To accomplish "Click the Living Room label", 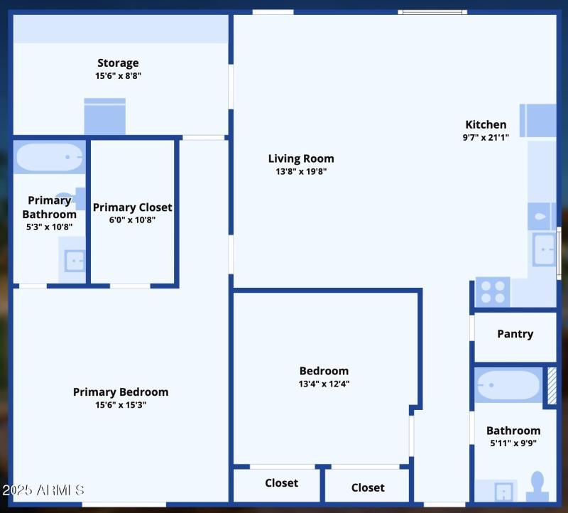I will pyautogui.click(x=301, y=158).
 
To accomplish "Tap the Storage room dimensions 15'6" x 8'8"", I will pyautogui.click(x=118, y=76).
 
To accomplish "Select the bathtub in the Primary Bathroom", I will pyautogui.click(x=50, y=157).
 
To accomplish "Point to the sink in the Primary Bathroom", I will pyautogui.click(x=74, y=261).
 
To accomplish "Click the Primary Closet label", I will pyautogui.click(x=132, y=207).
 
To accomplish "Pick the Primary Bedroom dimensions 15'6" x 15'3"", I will pyautogui.click(x=121, y=405).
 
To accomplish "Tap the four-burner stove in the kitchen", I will pyautogui.click(x=492, y=291).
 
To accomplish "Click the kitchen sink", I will pyautogui.click(x=544, y=249).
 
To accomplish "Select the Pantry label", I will pyautogui.click(x=515, y=334).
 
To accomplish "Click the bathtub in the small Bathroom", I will pyautogui.click(x=508, y=386).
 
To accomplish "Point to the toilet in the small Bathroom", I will pyautogui.click(x=537, y=487).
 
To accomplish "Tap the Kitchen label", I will pyautogui.click(x=486, y=124).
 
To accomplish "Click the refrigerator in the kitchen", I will pyautogui.click(x=537, y=120).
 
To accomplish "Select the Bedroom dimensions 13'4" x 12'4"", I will pyautogui.click(x=324, y=384).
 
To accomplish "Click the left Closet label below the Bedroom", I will pyautogui.click(x=281, y=483).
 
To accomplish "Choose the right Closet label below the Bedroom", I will pyautogui.click(x=368, y=487).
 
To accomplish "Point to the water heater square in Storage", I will pyautogui.click(x=105, y=116).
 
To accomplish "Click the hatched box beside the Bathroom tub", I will pyautogui.click(x=551, y=386).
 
